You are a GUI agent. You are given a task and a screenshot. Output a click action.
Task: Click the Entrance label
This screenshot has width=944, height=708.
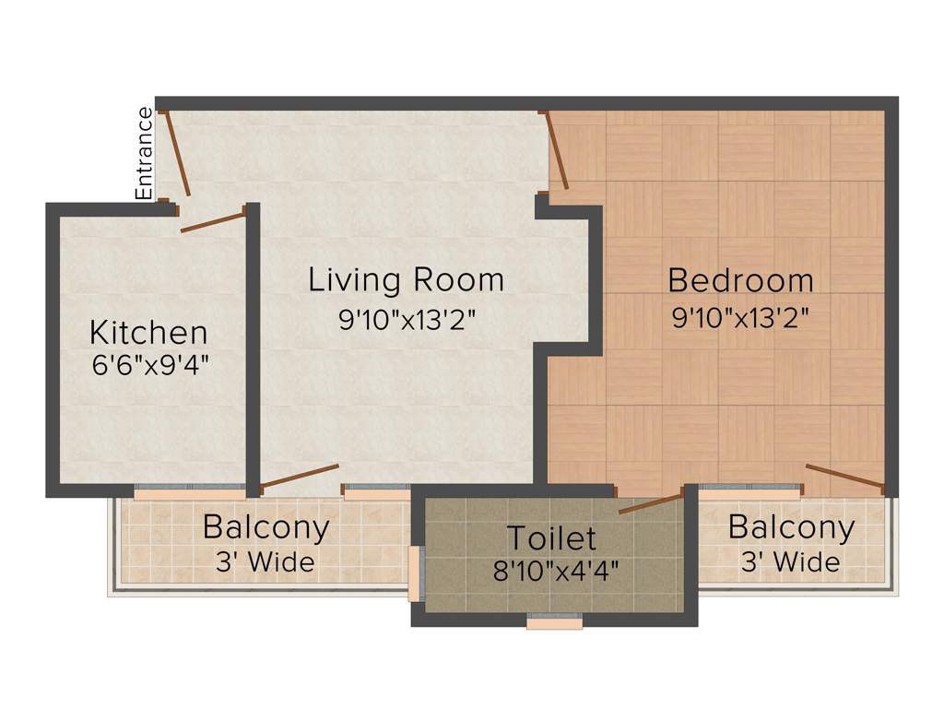pyautogui.click(x=145, y=154)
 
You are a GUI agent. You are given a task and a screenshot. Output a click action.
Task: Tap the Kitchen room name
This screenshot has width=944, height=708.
pyautogui.click(x=148, y=332)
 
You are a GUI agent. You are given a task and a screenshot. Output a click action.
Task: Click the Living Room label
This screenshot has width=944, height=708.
pyautogui.click(x=406, y=279)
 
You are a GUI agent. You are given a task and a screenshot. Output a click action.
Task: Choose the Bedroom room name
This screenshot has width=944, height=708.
pyautogui.click(x=740, y=279)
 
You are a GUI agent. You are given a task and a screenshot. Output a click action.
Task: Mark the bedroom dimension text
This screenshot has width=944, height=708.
pyautogui.click(x=740, y=319)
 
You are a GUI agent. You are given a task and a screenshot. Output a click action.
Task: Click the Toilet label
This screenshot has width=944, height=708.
pyautogui.click(x=552, y=537)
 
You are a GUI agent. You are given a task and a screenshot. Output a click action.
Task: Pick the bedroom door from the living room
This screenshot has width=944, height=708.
pyautogui.click(x=558, y=150)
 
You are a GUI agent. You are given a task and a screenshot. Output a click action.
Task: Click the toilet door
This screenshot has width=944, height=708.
pyautogui.click(x=650, y=503)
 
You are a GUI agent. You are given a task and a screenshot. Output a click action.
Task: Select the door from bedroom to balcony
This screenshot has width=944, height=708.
pyautogui.click(x=844, y=476)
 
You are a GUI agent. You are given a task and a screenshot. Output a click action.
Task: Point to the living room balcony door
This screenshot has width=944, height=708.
pyautogui.click(x=300, y=476)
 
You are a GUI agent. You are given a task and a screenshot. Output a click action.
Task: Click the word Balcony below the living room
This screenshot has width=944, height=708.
pyautogui.click(x=265, y=528)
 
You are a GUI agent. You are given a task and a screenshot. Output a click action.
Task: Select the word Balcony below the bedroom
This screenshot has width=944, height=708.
pyautogui.click(x=791, y=528)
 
